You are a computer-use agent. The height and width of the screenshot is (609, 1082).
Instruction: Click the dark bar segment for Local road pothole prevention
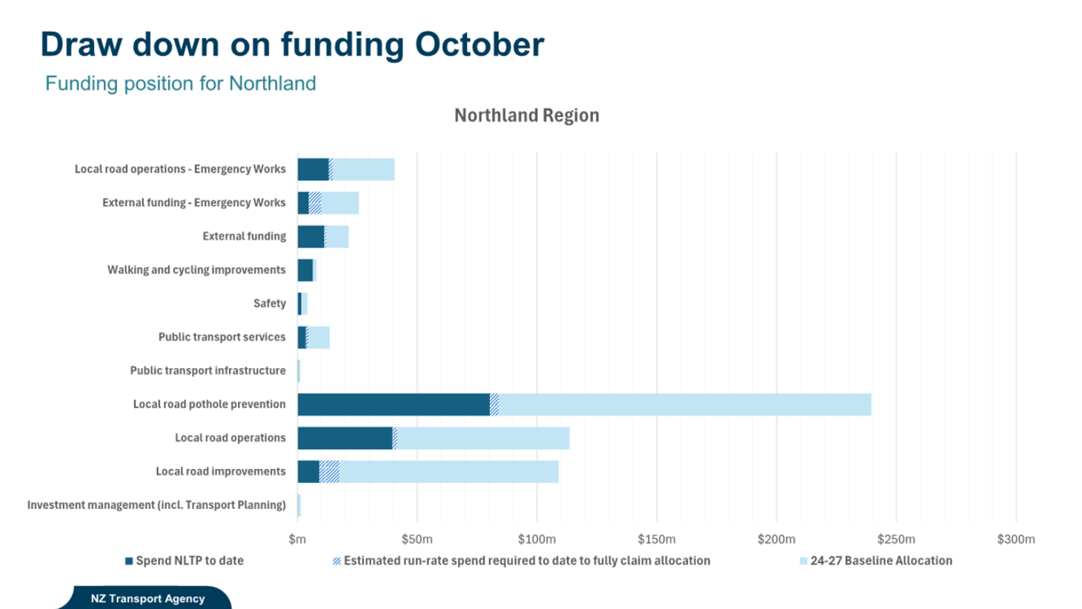[x=393, y=405]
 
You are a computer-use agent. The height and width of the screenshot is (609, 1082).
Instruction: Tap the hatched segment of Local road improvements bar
[x=329, y=472]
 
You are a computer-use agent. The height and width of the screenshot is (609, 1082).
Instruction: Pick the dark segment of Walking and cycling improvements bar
[x=305, y=270]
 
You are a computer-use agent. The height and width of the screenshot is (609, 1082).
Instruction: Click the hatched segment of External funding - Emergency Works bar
[x=315, y=203]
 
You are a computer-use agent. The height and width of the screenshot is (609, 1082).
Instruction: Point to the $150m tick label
[x=656, y=539]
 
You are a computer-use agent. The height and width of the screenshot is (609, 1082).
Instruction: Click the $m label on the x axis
[x=297, y=539]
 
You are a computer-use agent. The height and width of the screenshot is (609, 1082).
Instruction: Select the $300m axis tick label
[x=1015, y=539]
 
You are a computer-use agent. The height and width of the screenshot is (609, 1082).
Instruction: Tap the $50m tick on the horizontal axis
[x=416, y=539]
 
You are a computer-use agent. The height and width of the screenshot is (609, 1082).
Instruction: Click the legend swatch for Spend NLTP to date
[x=129, y=562]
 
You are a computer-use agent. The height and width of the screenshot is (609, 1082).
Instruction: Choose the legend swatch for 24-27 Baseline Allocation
[x=803, y=562]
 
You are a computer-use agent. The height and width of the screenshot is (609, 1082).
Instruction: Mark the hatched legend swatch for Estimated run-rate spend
[x=337, y=562]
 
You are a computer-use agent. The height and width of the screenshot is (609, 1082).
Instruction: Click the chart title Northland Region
[x=526, y=116]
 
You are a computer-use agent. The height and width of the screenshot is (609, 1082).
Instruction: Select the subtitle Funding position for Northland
[x=180, y=84]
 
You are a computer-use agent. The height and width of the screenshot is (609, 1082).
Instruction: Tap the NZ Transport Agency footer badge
[x=147, y=599]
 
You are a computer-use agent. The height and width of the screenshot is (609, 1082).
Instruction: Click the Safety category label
[x=269, y=304]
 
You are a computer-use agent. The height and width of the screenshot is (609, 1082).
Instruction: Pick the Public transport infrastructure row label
[x=208, y=370]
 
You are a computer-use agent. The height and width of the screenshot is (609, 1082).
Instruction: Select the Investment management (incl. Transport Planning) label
[x=156, y=505]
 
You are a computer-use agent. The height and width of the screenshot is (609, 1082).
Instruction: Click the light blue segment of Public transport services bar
[x=319, y=338]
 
